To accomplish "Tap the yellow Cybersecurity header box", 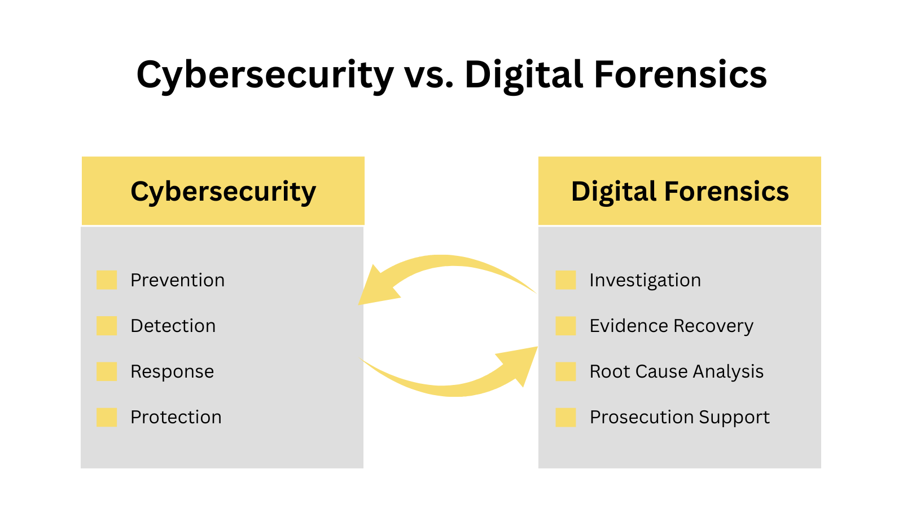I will (223, 191).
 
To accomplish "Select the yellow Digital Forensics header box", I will (680, 191).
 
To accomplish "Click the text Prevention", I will (177, 280).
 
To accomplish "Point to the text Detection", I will (173, 326).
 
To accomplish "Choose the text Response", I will (172, 371).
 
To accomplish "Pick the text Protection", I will (176, 417).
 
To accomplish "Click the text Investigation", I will (645, 280).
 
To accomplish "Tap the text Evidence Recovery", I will (671, 326).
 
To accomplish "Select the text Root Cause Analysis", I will (676, 371).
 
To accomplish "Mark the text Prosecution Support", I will (679, 417).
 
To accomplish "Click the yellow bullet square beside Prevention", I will (107, 280).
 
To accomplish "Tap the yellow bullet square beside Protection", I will (107, 417).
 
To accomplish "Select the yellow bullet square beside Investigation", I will (566, 280).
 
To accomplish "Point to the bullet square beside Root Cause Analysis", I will (566, 371).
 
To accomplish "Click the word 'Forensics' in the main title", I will (680, 75).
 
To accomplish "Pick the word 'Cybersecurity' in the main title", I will (265, 75).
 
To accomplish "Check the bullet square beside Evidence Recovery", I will (566, 326).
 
